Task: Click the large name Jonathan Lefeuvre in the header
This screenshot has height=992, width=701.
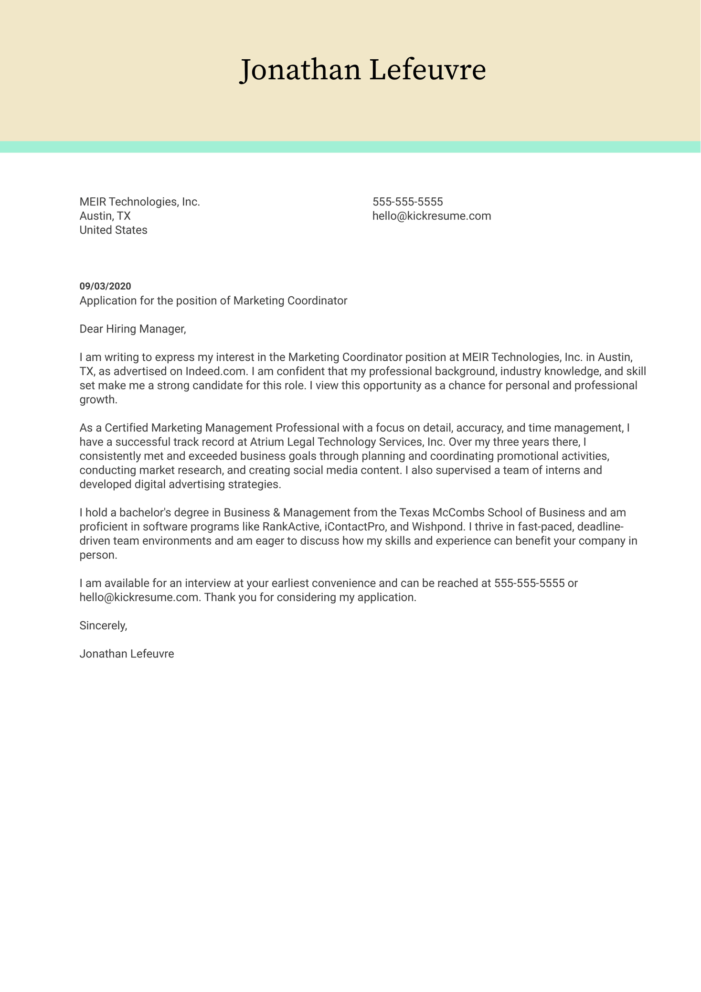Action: coord(362,70)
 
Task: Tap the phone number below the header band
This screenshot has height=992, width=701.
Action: coord(407,202)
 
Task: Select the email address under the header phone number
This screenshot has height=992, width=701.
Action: coord(431,216)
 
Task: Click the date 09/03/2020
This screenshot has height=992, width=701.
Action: coord(105,286)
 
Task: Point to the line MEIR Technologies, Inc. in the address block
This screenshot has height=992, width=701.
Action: coord(139,202)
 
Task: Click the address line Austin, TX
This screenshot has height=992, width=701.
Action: coord(105,216)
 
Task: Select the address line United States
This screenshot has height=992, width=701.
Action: coord(113,230)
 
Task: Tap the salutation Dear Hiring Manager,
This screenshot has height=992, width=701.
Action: coord(132,329)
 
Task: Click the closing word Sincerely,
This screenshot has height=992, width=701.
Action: coord(103,625)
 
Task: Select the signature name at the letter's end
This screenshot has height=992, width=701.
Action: coord(127,654)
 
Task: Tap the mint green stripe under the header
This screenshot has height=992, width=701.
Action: coord(350,147)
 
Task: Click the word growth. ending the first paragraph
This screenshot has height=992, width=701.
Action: coord(98,400)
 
